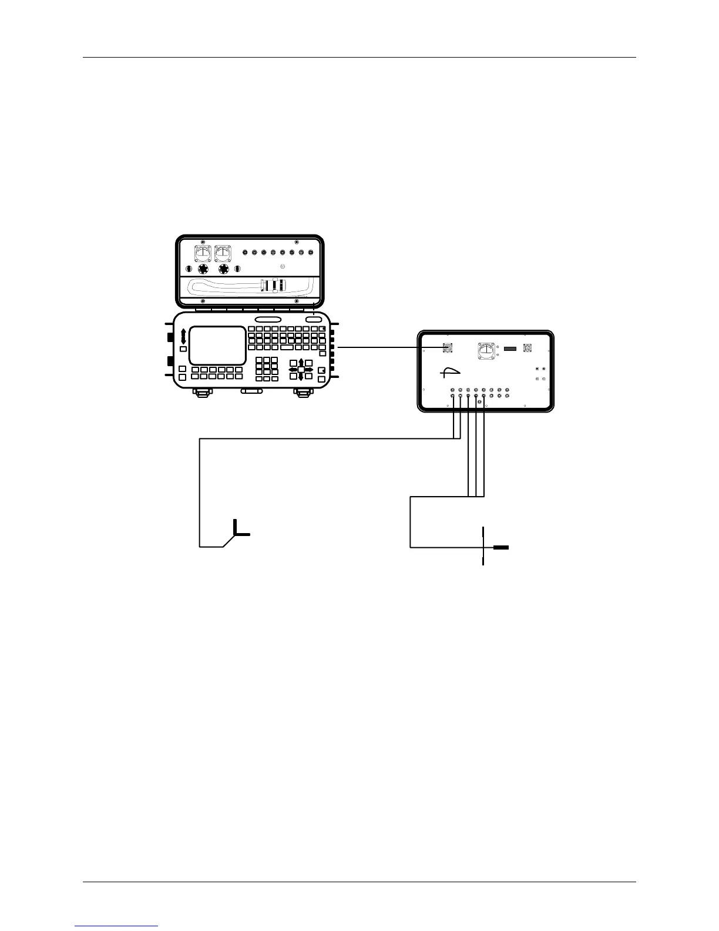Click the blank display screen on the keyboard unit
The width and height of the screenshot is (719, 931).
(x=217, y=345)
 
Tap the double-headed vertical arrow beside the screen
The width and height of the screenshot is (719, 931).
(x=183, y=336)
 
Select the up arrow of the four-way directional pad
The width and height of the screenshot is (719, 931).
(x=301, y=361)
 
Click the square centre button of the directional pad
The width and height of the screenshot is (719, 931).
(x=301, y=369)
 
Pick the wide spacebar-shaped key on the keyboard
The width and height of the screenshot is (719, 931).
(x=287, y=347)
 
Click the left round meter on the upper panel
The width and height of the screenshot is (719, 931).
(x=203, y=253)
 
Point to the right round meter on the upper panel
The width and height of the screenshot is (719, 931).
(x=223, y=253)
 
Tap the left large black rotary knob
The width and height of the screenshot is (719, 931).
(x=203, y=269)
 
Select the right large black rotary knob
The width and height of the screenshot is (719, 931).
(x=224, y=269)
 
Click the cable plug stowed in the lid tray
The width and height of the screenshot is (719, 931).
(x=273, y=286)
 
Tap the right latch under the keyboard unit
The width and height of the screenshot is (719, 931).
(x=302, y=391)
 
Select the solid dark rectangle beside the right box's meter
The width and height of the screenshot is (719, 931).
(x=510, y=349)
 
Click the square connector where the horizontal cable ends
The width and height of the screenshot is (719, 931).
(x=448, y=347)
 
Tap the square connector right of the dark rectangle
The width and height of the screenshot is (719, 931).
(x=528, y=348)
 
